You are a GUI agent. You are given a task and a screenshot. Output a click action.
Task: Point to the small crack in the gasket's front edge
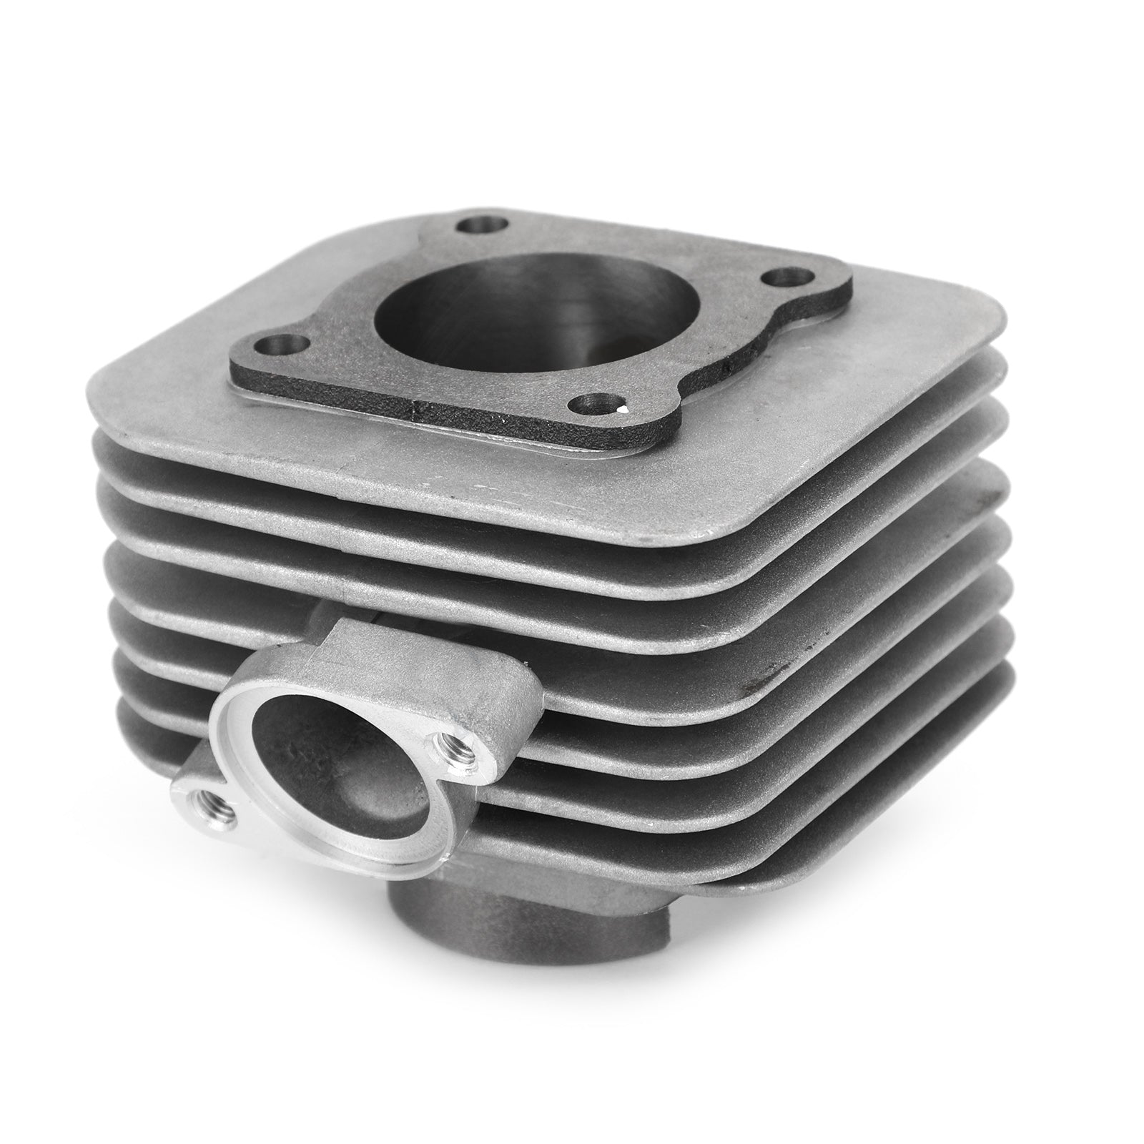click(x=413, y=410)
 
